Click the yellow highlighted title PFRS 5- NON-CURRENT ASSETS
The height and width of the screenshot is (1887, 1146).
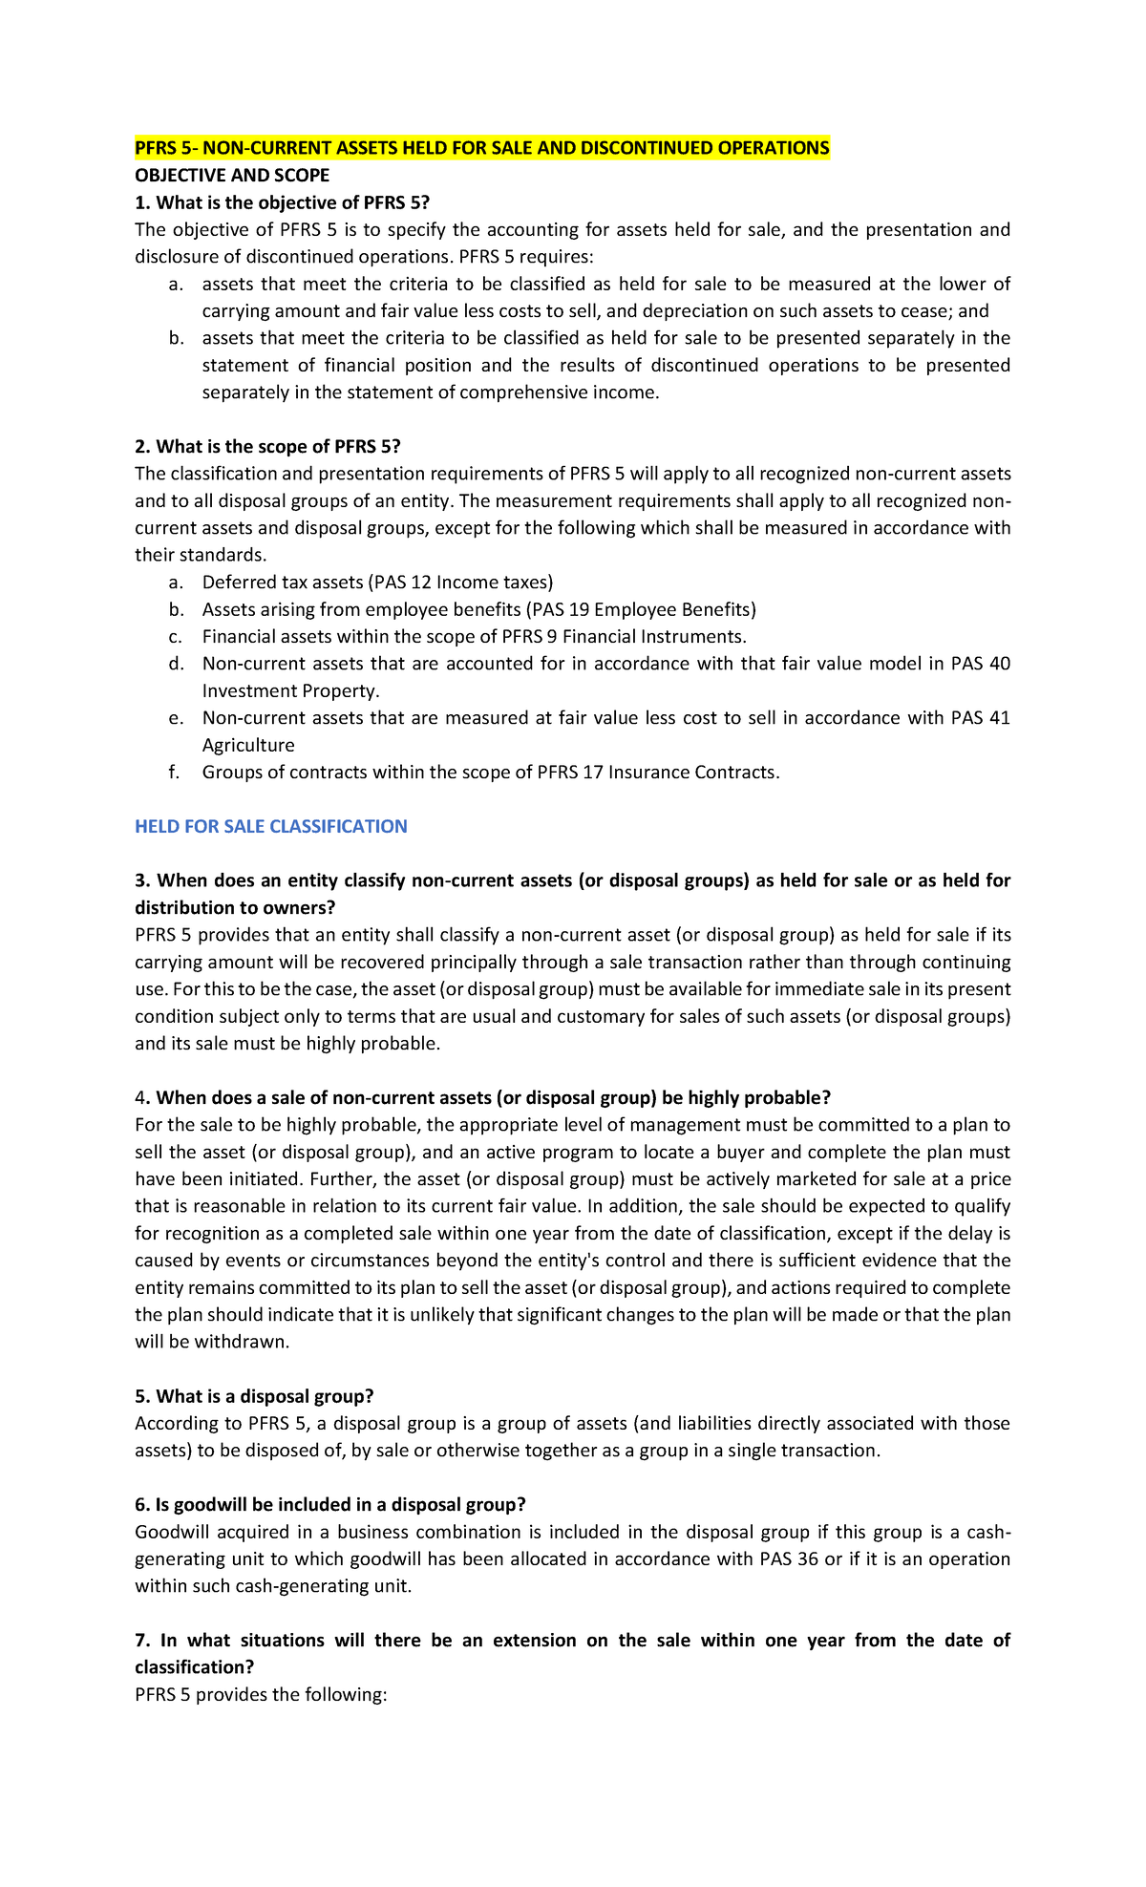point(481,148)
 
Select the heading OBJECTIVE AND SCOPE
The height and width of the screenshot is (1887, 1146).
point(232,176)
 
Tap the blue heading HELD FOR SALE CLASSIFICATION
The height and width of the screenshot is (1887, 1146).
point(271,827)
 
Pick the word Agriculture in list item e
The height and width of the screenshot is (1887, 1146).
point(248,746)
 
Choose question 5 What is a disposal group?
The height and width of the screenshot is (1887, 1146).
point(254,1397)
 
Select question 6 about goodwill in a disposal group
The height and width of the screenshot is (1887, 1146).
point(330,1505)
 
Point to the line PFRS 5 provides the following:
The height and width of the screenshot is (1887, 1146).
point(261,1695)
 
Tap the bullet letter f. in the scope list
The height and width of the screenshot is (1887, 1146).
point(174,773)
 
